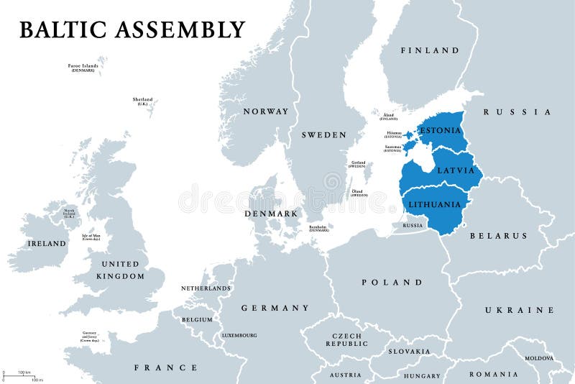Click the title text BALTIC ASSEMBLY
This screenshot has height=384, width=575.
coord(132,29)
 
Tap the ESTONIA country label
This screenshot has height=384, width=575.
coord(441,131)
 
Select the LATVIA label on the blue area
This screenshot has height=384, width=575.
coord(456,170)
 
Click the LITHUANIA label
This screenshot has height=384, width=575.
coord(434,204)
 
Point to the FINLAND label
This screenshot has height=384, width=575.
coord(430,50)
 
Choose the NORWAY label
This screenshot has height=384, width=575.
coord(265,111)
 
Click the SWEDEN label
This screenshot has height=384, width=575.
coord(323,134)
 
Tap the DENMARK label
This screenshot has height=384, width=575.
coord(271,214)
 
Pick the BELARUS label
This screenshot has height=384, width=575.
coord(498,235)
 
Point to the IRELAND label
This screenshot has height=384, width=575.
coord(46,244)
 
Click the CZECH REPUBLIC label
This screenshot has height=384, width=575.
coord(347,339)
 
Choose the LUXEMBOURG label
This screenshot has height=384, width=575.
coord(239,335)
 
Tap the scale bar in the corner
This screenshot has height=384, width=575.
coord(22,375)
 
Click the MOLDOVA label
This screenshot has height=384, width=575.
coord(538,357)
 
